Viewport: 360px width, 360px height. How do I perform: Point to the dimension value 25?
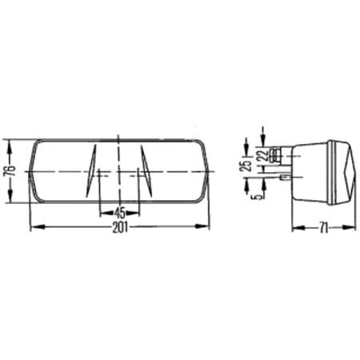(x=247, y=166)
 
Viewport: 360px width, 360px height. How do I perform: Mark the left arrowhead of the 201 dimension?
(x=33, y=226)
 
